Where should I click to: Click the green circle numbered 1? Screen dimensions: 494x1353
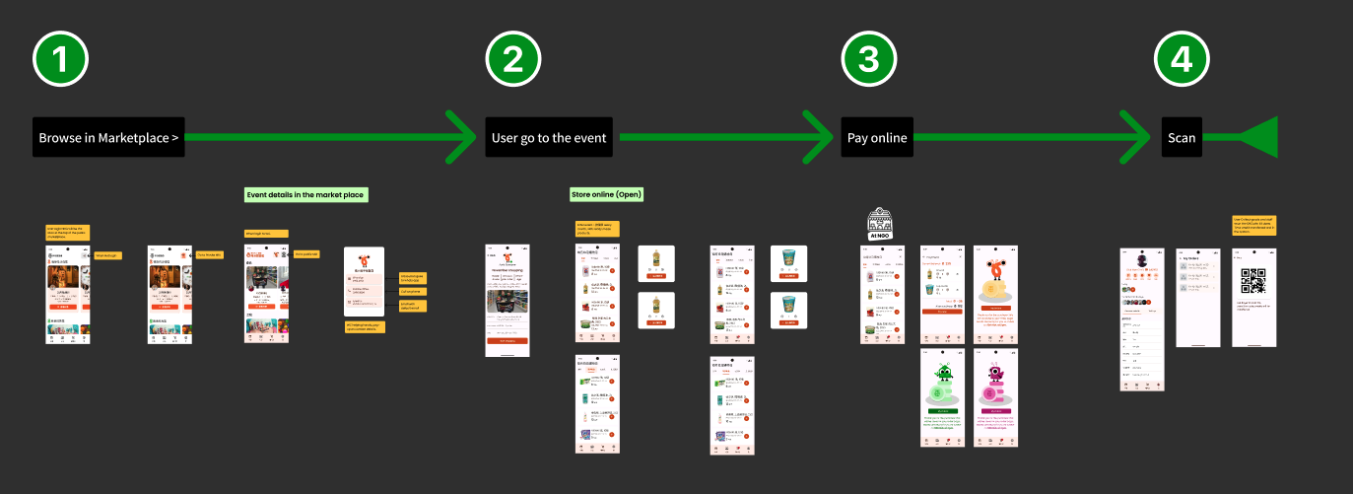(61, 59)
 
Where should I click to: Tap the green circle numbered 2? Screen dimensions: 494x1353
(513, 59)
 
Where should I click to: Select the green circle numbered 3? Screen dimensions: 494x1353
(868, 59)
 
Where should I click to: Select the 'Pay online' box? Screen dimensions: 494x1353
(877, 138)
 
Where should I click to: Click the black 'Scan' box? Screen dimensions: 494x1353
(1182, 138)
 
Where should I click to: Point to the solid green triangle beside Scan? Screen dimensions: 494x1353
(1257, 138)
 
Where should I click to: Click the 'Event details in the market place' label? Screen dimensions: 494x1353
(305, 195)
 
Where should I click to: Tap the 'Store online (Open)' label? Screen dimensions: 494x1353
(607, 194)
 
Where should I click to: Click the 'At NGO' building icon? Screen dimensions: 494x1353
(879, 223)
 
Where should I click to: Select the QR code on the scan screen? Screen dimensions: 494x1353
(1252, 281)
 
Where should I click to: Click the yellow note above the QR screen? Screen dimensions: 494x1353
(1253, 224)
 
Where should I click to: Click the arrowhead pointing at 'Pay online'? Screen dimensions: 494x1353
(820, 138)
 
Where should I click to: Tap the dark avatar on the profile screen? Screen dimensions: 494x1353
(1142, 260)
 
